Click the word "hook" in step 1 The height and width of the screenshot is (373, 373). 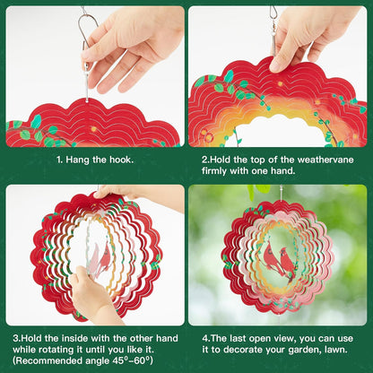[120, 160]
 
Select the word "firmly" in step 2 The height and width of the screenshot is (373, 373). [214, 170]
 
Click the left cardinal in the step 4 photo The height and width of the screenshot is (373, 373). [271, 258]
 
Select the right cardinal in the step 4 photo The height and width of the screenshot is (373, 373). [288, 265]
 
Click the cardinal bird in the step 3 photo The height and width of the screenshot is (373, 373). [102, 257]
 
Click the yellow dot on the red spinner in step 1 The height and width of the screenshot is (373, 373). [93, 129]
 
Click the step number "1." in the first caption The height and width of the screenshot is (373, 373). [60, 160]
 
